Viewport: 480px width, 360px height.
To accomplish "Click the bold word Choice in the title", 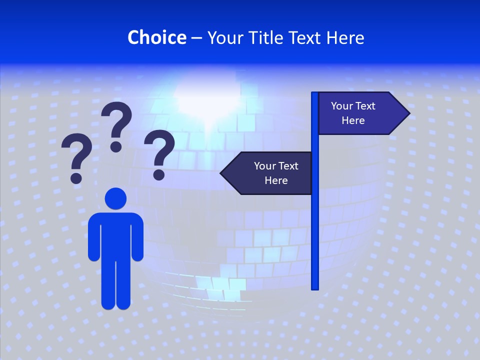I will (x=156, y=37).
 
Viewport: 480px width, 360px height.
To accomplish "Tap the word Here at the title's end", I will (x=345, y=37).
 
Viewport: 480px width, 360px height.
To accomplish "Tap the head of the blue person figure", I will (x=115, y=198).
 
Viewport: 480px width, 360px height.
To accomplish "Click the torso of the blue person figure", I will (x=115, y=235).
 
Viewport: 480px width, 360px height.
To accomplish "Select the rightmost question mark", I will (x=159, y=152).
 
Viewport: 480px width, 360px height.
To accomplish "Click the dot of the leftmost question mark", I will (x=76, y=177).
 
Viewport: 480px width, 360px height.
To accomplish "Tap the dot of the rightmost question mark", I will (x=159, y=173).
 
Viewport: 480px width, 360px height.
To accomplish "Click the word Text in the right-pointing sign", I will (x=365, y=106).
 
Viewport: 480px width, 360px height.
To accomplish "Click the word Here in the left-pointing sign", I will (x=276, y=180).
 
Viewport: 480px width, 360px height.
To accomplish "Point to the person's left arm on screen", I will (x=94, y=237).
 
